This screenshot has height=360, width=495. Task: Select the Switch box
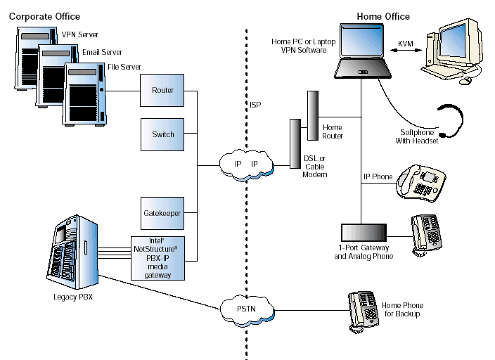[163, 134]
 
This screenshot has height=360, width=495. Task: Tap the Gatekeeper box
[163, 212]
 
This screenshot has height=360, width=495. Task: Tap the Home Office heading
[384, 16]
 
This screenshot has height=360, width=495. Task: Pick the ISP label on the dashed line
[255, 105]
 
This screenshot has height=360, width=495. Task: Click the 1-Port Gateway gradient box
[364, 233]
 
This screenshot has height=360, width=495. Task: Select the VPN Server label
[79, 34]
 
